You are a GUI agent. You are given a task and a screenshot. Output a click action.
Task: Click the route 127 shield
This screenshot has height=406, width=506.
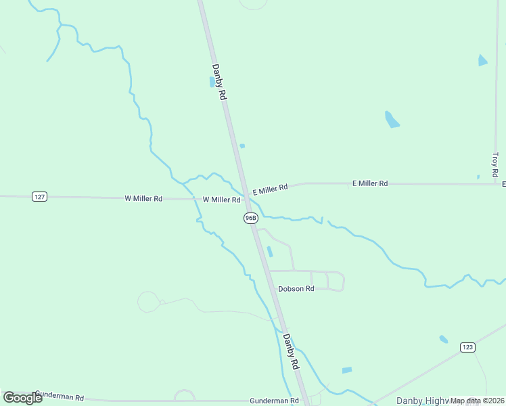(x=39, y=196)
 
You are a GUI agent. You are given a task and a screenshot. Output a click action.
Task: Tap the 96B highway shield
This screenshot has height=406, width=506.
(x=250, y=217)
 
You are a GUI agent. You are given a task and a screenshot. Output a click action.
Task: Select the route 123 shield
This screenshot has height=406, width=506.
(x=467, y=347)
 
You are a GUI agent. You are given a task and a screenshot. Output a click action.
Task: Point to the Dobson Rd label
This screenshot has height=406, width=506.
(x=296, y=288)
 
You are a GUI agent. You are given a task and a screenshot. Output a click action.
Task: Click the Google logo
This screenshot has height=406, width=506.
(x=22, y=397)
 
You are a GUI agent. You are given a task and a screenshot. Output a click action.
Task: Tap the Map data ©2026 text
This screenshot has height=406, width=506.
(x=477, y=401)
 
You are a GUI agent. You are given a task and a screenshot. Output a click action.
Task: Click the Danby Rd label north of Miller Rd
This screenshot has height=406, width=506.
(x=218, y=83)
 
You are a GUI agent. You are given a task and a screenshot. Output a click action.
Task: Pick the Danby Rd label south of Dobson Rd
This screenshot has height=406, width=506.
(x=291, y=351)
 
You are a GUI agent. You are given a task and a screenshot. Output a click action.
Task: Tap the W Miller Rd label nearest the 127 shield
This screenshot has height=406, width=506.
(x=143, y=198)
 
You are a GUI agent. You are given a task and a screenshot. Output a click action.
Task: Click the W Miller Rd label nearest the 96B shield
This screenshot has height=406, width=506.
(x=222, y=200)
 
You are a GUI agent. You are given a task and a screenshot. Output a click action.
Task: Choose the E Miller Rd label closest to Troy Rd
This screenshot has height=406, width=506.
(x=369, y=183)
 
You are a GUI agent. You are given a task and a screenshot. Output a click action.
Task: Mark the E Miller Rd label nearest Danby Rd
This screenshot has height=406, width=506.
(x=271, y=190)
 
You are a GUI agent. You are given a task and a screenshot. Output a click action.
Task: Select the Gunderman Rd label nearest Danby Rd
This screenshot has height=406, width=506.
(x=274, y=401)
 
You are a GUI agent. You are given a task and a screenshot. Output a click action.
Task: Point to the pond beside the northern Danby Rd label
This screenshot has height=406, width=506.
(x=212, y=82)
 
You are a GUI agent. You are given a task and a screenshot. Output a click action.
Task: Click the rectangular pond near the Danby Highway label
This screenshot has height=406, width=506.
(x=347, y=370)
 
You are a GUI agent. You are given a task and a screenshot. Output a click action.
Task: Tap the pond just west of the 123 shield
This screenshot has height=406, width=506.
(x=444, y=339)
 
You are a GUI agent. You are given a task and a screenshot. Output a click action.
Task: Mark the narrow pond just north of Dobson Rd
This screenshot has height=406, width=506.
(x=270, y=252)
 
